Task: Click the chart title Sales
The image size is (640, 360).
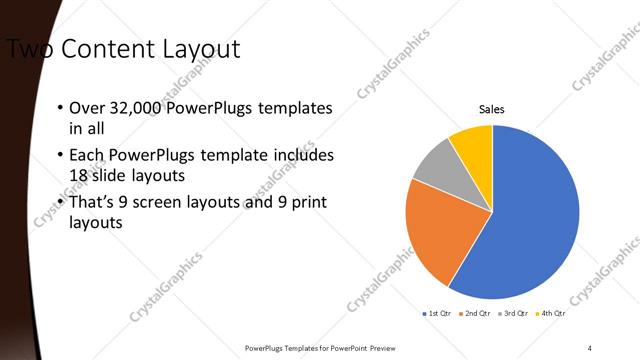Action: (492, 108)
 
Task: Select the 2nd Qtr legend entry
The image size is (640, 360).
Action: (478, 313)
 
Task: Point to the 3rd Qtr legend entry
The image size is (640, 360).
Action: (516, 313)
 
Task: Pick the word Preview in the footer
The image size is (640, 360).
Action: (387, 347)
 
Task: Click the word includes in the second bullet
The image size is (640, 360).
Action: (305, 155)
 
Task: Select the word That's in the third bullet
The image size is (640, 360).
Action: (93, 203)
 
